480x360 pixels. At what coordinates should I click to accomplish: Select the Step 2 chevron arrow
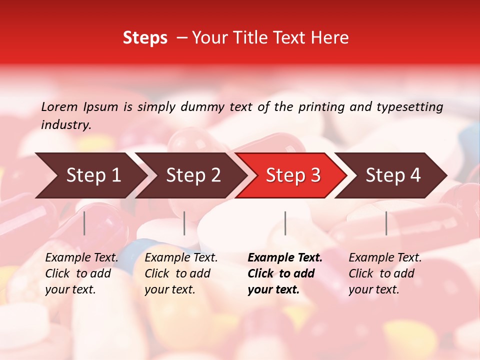(193, 175)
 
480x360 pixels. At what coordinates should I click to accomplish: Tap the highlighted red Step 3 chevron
(293, 175)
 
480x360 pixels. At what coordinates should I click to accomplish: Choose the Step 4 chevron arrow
(393, 175)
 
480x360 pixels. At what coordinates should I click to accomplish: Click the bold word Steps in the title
(145, 38)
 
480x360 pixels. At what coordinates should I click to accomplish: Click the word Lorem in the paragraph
(59, 107)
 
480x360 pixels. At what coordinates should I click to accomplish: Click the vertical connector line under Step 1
(84, 223)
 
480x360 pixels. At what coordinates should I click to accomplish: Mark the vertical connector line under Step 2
(184, 223)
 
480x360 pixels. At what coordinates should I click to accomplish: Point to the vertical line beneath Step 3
(285, 223)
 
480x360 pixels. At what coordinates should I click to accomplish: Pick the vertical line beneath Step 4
(386, 223)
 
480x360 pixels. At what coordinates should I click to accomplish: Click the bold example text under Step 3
(285, 273)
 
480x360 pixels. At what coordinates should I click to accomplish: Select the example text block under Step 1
(81, 273)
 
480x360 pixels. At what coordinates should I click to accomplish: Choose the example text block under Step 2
(181, 273)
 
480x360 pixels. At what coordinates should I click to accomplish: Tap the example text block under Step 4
(385, 273)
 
